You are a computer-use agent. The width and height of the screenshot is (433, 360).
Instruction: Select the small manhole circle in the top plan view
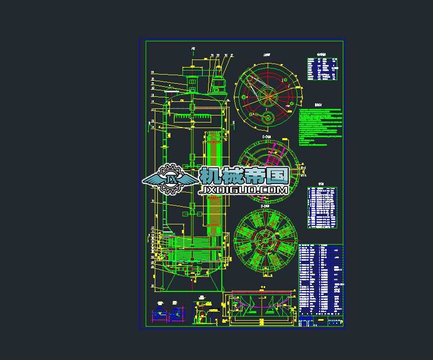267,118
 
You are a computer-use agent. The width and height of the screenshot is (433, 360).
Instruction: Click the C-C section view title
267,137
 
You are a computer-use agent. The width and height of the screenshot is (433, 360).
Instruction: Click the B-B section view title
266,206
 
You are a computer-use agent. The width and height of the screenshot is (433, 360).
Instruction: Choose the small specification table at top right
322,68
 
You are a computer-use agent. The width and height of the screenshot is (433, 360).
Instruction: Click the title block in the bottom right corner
321,321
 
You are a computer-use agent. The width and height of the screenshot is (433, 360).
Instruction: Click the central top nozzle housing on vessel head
192,83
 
